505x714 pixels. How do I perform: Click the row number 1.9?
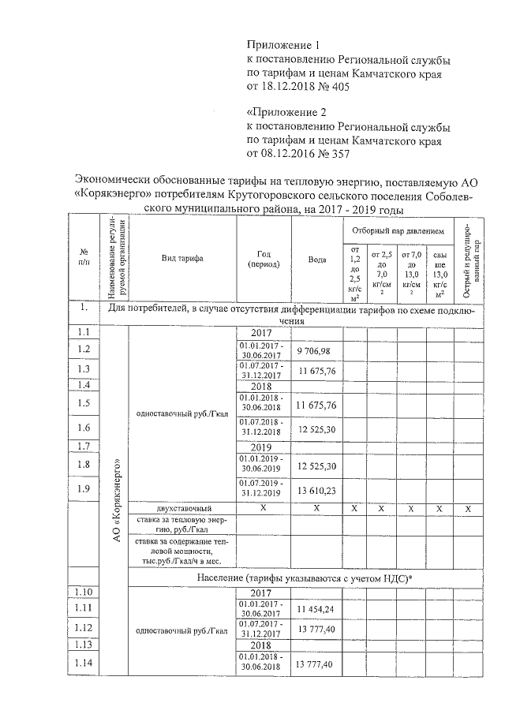click(x=84, y=489)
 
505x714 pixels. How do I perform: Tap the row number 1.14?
click(x=84, y=665)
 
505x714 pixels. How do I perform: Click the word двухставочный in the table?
click(x=182, y=508)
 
